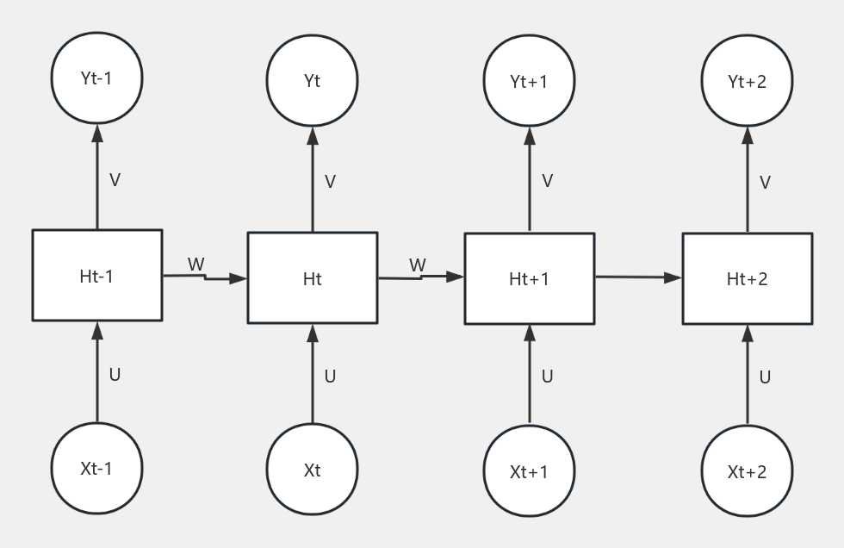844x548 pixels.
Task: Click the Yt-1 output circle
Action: [x=96, y=78]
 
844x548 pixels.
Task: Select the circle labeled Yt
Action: [x=312, y=81]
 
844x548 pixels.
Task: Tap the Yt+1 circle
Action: [x=529, y=81]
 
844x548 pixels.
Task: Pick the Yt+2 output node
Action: [x=747, y=81]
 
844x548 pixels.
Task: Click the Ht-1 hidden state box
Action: [x=96, y=276]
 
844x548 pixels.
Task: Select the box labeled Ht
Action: [x=312, y=278]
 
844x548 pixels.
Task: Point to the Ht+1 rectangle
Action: [x=529, y=278]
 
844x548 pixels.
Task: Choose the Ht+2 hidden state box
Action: [x=747, y=278]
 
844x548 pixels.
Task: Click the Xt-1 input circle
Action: [x=96, y=469]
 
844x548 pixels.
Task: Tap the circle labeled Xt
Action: [x=312, y=470]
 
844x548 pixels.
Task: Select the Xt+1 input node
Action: [x=529, y=471]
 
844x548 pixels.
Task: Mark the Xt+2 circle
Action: [x=747, y=471]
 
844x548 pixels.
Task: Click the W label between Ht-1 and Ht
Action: [x=196, y=264]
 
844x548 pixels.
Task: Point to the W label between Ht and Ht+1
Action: [x=418, y=265]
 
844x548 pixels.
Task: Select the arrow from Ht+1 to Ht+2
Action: [x=637, y=277]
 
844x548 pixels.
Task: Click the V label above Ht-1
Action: [x=115, y=180]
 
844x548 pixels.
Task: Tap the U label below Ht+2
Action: [x=765, y=377]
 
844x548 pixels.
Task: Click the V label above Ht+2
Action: [x=765, y=183]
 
